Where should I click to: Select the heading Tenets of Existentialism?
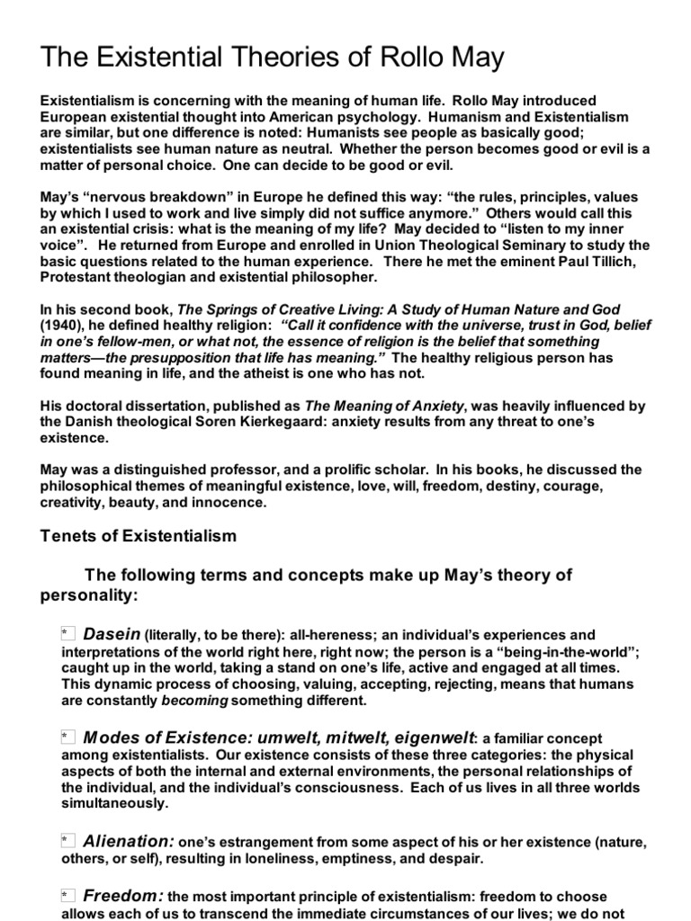pos(139,536)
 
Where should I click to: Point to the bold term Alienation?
pos(128,841)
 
